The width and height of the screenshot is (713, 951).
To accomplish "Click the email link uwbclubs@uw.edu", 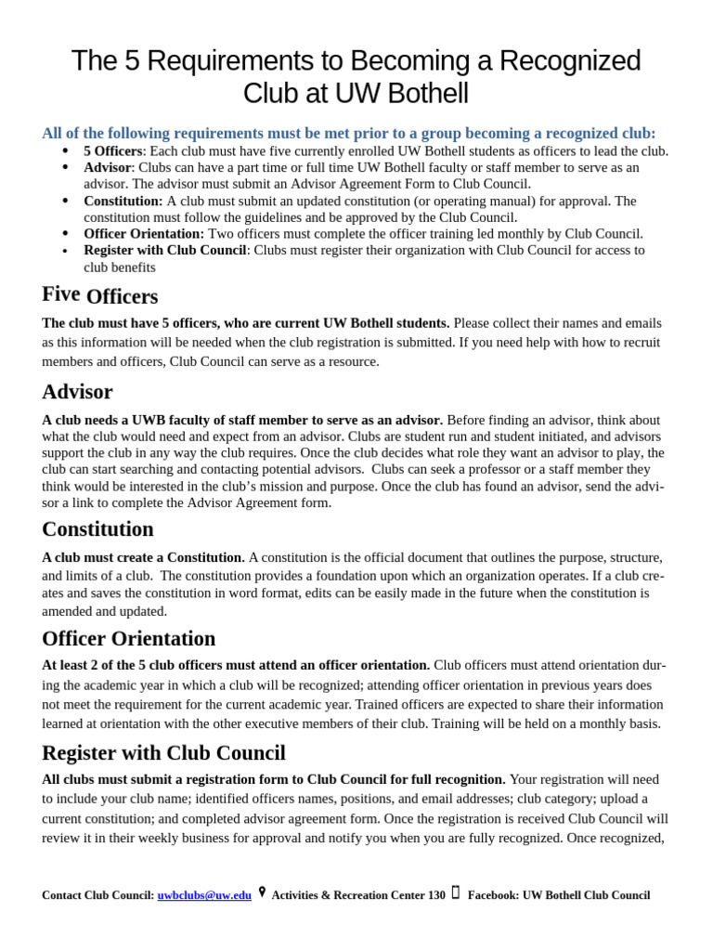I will (204, 895).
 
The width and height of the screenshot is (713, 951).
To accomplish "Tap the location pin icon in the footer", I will (262, 892).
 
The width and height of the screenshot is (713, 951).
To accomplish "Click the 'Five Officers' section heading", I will (99, 295).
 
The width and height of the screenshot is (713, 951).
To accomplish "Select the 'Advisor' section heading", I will (77, 392).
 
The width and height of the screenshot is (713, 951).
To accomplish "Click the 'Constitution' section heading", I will (97, 529).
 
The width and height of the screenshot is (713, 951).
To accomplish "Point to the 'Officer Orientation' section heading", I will (128, 639).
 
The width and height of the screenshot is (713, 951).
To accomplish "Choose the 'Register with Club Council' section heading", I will (163, 753).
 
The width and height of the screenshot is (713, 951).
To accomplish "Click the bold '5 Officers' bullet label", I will (112, 151).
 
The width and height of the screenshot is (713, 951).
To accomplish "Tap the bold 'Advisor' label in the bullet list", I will (107, 168).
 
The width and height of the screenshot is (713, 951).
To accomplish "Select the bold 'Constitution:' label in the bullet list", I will (123, 201).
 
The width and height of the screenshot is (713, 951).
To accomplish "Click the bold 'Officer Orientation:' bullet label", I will (144, 234).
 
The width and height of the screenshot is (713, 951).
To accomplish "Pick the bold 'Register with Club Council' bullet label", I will (164, 251).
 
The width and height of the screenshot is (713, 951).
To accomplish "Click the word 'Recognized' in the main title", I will (570, 61).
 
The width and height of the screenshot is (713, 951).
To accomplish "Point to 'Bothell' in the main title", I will (422, 94).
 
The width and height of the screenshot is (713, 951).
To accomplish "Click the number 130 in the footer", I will (435, 895).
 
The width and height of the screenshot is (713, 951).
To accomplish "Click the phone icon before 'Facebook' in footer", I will (456, 892).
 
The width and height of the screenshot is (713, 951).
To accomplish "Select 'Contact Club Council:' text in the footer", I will (97, 895).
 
